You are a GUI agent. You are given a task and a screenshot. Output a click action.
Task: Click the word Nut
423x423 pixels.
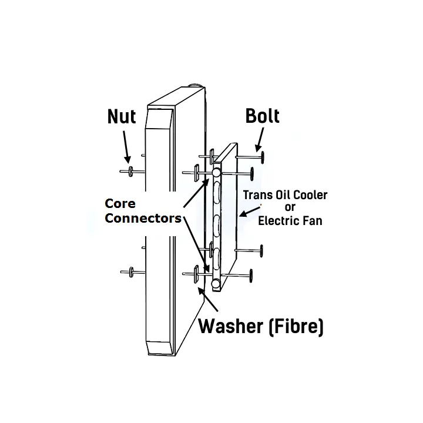click(x=122, y=116)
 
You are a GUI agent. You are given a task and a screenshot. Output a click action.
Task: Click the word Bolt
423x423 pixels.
click(x=262, y=116)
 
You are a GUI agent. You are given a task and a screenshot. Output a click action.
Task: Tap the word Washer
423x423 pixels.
click(x=231, y=326)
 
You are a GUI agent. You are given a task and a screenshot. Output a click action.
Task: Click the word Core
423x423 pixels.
click(x=120, y=203)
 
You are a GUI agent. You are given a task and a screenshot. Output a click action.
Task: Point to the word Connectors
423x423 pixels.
click(x=143, y=218)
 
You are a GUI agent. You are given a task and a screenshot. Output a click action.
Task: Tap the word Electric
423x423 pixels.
click(x=278, y=221)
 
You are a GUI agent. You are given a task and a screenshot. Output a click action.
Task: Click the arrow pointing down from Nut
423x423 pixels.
click(x=126, y=147)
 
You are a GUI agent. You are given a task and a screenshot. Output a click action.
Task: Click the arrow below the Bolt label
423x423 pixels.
click(x=259, y=140)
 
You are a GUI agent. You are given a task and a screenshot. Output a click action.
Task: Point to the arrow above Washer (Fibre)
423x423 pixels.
click(x=208, y=299)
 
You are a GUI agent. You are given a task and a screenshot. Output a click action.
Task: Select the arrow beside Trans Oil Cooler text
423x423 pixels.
click(x=250, y=211)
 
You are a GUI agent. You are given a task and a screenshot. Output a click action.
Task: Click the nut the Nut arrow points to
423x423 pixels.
click(x=130, y=172)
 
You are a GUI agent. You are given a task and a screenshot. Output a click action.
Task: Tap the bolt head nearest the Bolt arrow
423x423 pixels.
click(x=262, y=157)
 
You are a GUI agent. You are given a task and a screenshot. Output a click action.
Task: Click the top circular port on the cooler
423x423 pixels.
click(x=216, y=172)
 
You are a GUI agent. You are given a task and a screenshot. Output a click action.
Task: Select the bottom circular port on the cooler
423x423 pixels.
click(x=216, y=284)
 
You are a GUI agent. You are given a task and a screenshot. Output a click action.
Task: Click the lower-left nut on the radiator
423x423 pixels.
click(x=131, y=272)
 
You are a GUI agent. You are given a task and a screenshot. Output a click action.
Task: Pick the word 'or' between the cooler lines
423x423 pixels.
click(x=290, y=208)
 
